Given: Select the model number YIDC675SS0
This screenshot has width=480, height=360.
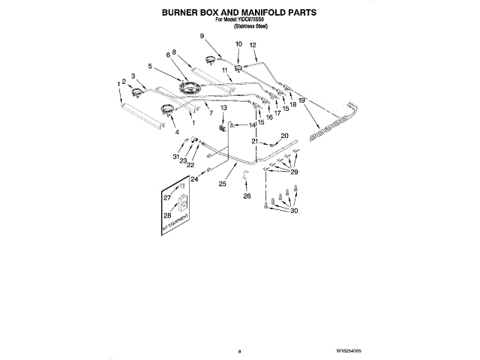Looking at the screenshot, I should tap(253, 20).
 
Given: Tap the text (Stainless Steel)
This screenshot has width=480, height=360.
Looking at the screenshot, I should tap(250, 26).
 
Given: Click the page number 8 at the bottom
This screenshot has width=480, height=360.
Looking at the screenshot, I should tap(238, 350).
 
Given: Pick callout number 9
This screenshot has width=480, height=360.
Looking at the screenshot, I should tap(202, 36).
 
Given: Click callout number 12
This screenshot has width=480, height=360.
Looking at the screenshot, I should tap(253, 45).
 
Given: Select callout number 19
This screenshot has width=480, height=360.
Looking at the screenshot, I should tap(301, 100).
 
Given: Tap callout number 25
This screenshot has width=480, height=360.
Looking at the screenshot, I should tap(222, 184).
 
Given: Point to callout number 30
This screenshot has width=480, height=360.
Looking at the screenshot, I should tap(294, 211).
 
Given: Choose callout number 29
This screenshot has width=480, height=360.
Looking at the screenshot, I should tap(294, 172).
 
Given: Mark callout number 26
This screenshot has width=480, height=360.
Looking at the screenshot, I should tap(247, 196).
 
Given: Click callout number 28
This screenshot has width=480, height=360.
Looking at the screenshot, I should tap(166, 215).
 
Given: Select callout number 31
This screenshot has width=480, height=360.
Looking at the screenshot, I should tap(176, 157).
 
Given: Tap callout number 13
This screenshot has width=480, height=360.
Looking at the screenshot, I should tap(223, 108).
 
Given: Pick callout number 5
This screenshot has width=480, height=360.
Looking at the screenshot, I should tap(150, 66).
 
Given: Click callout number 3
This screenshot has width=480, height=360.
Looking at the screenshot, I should tap(133, 76).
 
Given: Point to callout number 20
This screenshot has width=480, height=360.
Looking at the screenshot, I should tap(284, 136).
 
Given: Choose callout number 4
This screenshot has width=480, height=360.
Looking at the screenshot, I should tap(177, 131).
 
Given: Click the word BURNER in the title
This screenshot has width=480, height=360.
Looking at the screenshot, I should tap(182, 13).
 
